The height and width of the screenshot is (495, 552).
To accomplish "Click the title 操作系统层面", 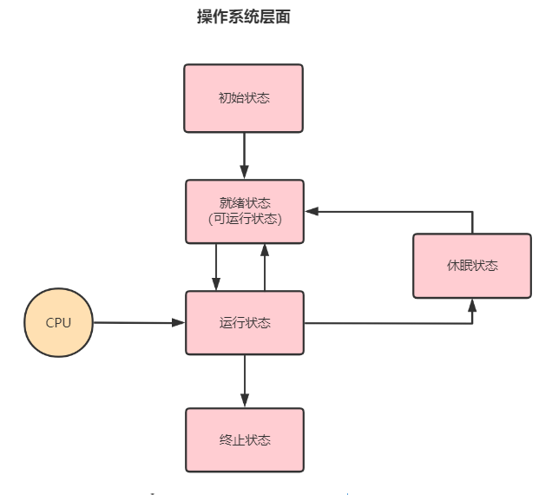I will point(243,17).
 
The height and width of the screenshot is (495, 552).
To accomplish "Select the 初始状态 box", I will point(244,98).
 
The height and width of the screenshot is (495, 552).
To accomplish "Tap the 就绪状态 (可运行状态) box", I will point(244,211).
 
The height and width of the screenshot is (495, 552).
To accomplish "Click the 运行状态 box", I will point(245,323).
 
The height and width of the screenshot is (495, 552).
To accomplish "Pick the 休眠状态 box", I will point(472,266).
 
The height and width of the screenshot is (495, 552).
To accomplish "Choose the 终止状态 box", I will point(245,440).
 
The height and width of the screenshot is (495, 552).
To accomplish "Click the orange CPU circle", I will point(59,323).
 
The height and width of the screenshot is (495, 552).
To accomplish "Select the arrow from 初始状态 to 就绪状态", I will point(244,155).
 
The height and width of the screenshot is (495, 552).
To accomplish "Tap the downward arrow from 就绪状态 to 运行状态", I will point(216,267).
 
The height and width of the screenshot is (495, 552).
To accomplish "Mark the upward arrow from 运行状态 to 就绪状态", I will point(265,267).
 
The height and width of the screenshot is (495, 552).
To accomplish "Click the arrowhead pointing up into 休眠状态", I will point(472,305).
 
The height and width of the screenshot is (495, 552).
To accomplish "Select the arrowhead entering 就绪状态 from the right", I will point(311,211).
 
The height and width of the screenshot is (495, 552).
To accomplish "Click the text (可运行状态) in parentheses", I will point(245,219).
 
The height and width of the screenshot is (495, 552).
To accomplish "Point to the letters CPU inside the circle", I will point(59,323).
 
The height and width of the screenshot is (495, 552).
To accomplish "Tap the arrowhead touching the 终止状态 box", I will point(245,402).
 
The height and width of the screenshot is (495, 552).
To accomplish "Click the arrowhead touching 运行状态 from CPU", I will point(180,323).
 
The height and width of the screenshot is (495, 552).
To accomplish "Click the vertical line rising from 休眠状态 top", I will point(472,222).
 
